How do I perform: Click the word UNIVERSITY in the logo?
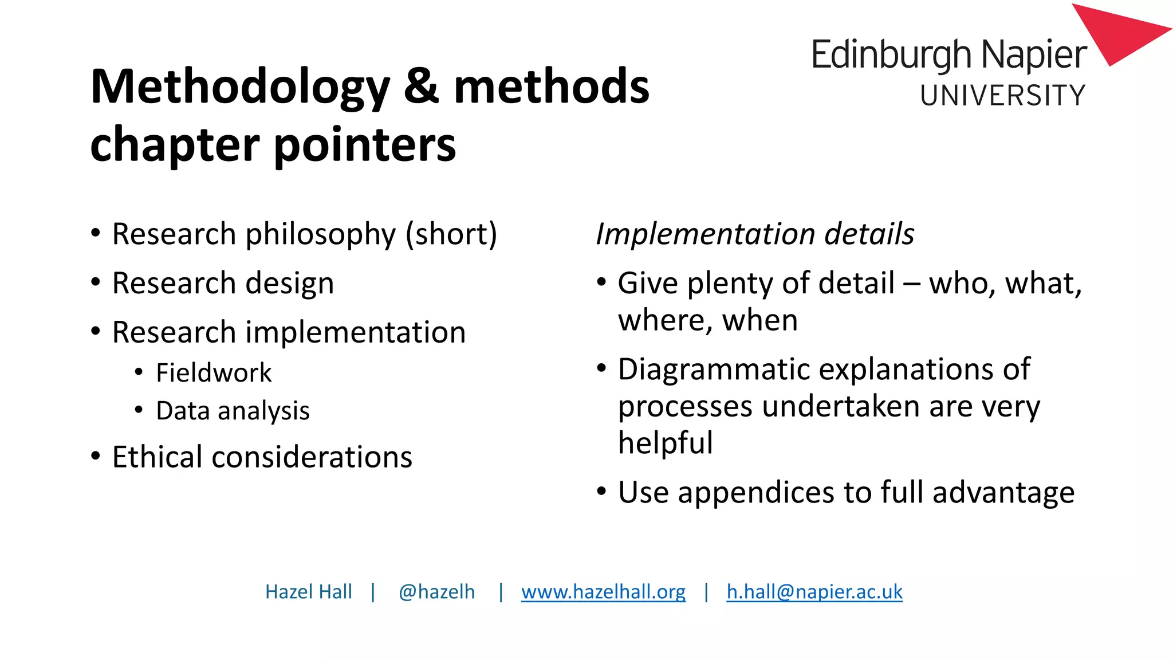(1002, 96)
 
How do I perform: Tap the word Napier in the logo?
(1034, 56)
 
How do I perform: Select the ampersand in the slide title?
(422, 87)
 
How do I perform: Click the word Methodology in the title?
(240, 88)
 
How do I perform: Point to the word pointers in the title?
(365, 144)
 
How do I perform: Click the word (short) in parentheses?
(451, 234)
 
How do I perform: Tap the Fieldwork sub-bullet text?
(214, 373)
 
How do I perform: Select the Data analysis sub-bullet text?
(233, 411)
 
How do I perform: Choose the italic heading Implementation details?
(755, 234)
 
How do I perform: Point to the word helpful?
(666, 443)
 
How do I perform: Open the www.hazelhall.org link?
(603, 592)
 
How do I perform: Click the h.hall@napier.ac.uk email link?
(814, 592)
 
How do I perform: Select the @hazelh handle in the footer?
(436, 592)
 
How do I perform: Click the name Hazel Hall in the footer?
(308, 592)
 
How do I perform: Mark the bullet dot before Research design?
(96, 283)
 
